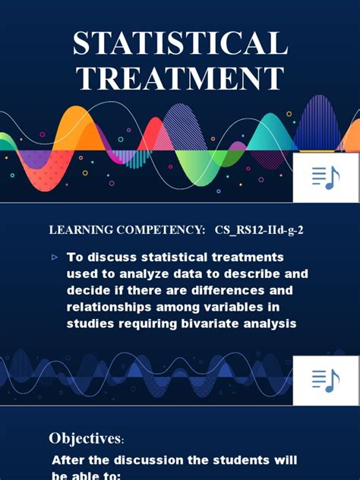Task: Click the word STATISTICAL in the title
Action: click(x=180, y=44)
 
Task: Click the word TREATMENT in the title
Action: click(x=180, y=80)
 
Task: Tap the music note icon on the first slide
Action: click(x=326, y=177)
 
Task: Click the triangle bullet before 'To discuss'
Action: click(x=55, y=257)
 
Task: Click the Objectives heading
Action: click(x=85, y=438)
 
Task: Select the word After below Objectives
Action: click(x=68, y=460)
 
